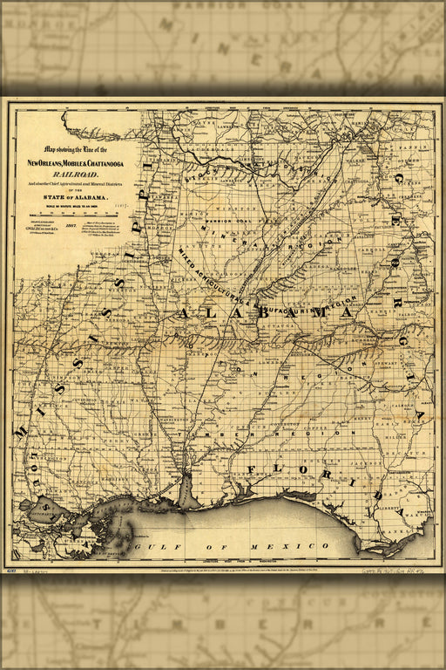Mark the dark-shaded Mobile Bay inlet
tap(188, 493)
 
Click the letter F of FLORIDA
tap(252, 471)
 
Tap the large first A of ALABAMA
tap(186, 313)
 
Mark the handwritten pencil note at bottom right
tap(395, 571)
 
